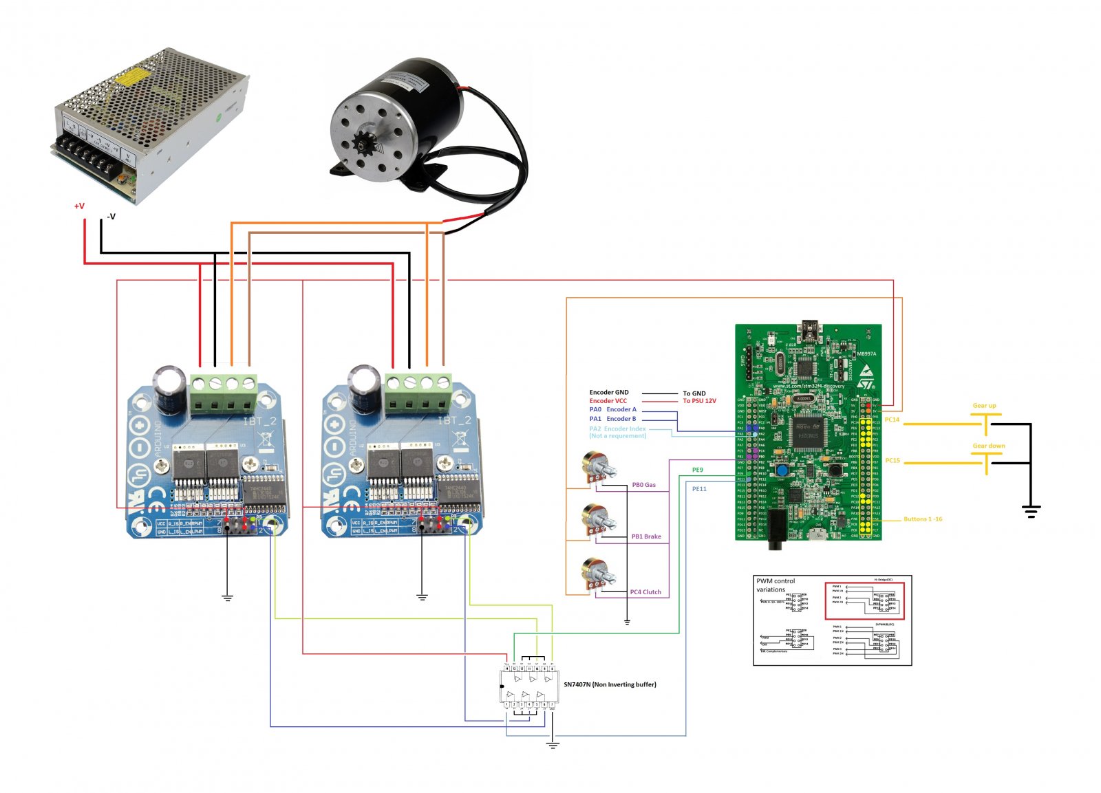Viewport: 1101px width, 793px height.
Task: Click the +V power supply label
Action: point(79,206)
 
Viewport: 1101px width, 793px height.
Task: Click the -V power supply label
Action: point(110,217)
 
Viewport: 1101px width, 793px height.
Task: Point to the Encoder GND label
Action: point(608,393)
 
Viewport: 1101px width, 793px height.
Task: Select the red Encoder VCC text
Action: point(608,401)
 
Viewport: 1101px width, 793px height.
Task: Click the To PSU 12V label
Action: point(699,401)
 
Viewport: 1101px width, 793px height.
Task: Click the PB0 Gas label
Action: point(643,485)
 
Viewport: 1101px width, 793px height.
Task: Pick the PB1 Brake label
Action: point(646,536)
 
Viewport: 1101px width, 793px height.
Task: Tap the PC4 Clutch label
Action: point(645,592)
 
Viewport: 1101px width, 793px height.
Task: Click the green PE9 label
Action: point(697,470)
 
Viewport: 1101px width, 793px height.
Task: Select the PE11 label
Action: point(699,489)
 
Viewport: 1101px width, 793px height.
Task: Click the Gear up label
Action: point(984,406)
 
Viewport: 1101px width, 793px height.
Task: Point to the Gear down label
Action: point(988,446)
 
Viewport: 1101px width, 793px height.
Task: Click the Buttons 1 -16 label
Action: point(923,519)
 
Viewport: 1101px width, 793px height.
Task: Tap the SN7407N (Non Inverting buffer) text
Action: point(610,684)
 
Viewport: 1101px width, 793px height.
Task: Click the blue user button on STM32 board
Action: point(782,470)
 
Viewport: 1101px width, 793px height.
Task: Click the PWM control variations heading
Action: point(775,585)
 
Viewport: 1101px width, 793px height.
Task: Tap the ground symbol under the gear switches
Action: point(1030,511)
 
